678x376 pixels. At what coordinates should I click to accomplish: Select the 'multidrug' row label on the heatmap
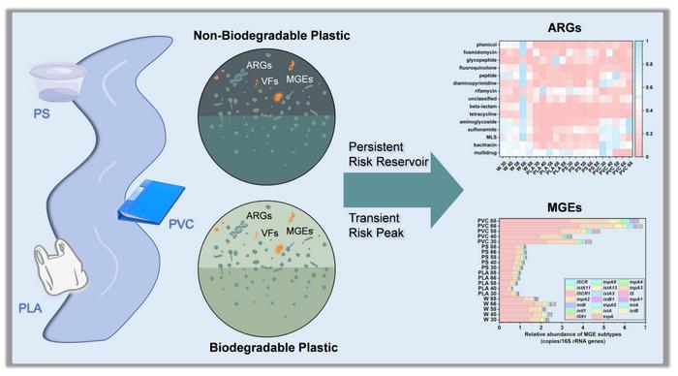click(x=480, y=151)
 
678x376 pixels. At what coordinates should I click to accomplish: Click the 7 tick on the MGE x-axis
click(x=644, y=329)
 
